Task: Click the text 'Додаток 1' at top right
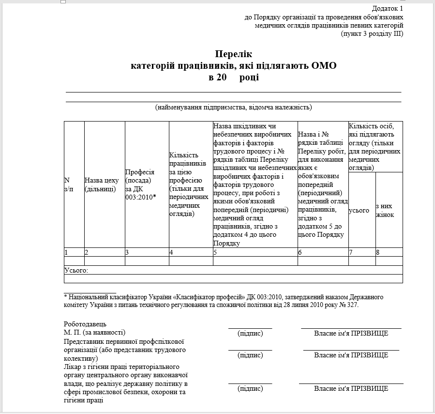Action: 387,9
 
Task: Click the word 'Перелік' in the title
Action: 234,54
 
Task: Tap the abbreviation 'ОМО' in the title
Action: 324,65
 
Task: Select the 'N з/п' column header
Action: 69,184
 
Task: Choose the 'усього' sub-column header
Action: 359,210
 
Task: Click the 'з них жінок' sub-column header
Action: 385,210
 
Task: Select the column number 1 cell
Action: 66,252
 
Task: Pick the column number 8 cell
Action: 378,252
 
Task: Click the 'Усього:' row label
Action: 76,270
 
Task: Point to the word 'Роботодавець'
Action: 85,324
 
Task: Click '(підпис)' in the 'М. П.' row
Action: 250,333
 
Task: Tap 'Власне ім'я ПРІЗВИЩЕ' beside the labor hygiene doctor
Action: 351,388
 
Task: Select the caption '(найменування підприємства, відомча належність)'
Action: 233,107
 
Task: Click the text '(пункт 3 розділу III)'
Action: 372,33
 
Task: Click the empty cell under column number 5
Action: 255,261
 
